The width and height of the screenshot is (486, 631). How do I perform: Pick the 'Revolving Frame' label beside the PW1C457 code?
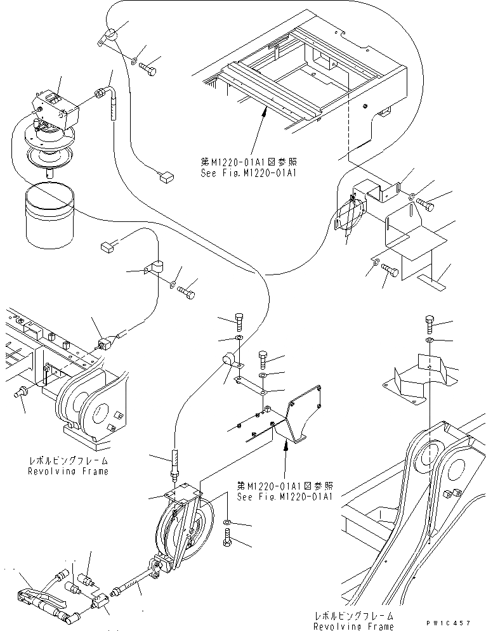353,626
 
